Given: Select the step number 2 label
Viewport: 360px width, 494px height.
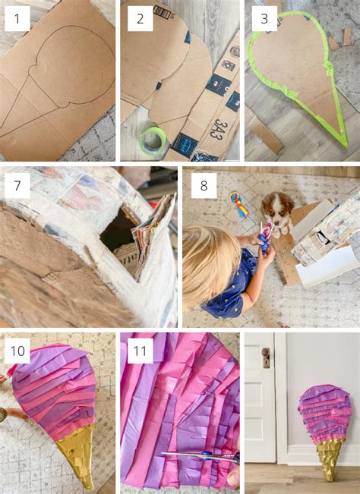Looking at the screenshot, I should pyautogui.click(x=140, y=19).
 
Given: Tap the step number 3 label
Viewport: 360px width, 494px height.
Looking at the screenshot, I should pyautogui.click(x=264, y=19).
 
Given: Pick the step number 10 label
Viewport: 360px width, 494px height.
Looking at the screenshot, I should pyautogui.click(x=18, y=351).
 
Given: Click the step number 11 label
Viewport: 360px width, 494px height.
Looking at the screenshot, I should pyautogui.click(x=140, y=351).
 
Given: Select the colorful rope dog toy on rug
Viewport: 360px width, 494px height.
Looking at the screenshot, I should pyautogui.click(x=238, y=205).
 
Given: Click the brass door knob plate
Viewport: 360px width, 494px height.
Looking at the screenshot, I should pyautogui.click(x=266, y=357).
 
